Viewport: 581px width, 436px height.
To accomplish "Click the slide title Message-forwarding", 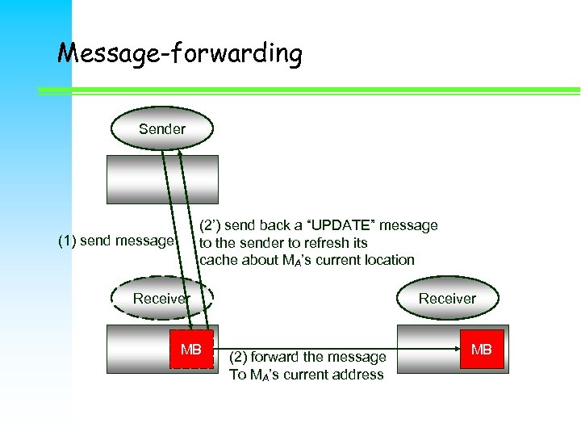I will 180,54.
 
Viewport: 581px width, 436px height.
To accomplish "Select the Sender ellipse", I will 161,129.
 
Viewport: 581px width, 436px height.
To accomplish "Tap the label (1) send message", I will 115,241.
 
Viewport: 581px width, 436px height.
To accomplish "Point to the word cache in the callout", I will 217,260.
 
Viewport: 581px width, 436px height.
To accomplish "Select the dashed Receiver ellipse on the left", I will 161,299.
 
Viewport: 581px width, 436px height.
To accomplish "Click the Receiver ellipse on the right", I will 447,299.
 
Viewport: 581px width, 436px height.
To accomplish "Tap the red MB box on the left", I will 191,350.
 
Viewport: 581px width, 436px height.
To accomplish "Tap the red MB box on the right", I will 481,350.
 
